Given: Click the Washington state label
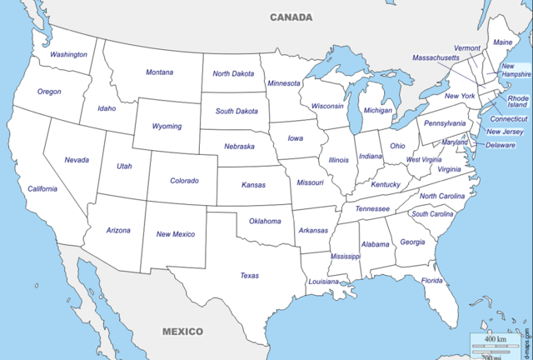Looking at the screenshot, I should pos(68,55).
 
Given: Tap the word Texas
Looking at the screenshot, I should pos(249,276).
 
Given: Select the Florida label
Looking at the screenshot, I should pos(432,281).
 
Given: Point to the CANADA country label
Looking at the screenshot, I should pos(291,17).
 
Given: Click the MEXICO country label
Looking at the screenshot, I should pos(182,331).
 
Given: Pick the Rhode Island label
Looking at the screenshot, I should pos(518,102).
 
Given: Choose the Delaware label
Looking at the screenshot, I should pos(501,145).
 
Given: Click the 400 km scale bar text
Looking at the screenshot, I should pos(496,340).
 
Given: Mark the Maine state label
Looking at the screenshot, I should pos(503,42).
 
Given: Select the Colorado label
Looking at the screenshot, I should pos(184,181).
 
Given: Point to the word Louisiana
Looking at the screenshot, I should pos(324,282).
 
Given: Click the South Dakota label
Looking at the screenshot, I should pos(237,111).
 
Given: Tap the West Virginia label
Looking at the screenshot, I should pos(423,159).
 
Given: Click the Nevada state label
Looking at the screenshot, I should pos(77,160).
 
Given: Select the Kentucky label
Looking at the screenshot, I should pos(386,184).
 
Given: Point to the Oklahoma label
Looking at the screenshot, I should pos(265,221).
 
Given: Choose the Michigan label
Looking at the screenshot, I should pos(377,110).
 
